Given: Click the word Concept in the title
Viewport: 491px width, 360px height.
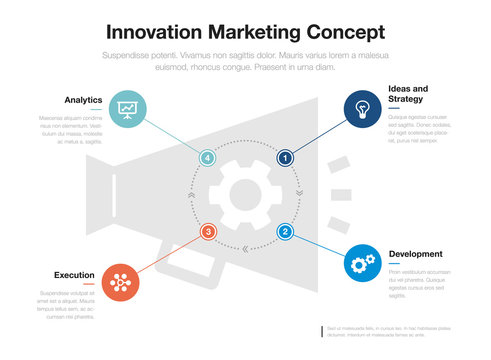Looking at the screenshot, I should coord(344,32).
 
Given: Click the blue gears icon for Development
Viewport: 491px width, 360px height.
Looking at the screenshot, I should coord(361,263).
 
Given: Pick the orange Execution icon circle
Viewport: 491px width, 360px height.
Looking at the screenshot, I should coord(120,283).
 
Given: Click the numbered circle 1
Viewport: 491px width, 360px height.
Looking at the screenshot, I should coord(285,157).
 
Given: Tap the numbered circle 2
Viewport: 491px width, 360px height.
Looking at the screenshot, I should coord(285,232).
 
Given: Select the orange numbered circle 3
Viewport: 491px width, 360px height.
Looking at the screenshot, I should coord(208,232).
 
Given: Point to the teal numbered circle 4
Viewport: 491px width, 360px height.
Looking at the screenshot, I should coord(208,157).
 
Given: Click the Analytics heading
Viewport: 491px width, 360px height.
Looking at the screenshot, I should coord(83,100).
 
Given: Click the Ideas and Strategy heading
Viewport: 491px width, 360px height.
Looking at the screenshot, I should coord(407,94).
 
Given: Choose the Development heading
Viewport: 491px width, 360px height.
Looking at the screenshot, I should coord(415,254).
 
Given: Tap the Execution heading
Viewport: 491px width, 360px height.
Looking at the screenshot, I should coord(75,274).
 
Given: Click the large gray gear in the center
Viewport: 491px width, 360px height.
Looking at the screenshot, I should coord(246,194).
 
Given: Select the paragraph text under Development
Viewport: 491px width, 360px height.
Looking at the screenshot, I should coord(419,284).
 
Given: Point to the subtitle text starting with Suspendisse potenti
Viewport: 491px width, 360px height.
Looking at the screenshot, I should coord(245,60).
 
